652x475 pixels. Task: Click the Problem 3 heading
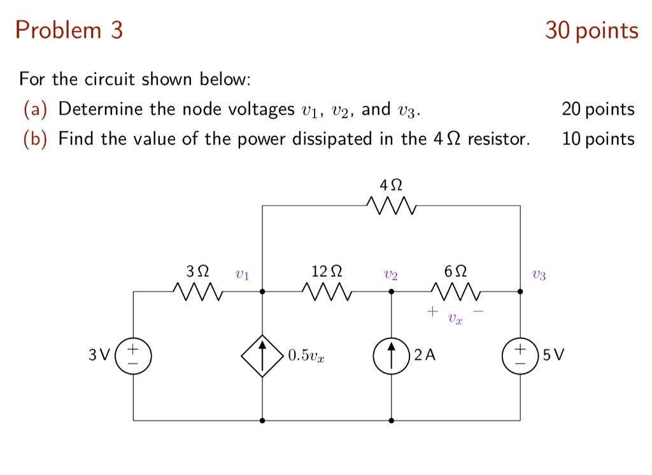click(x=69, y=31)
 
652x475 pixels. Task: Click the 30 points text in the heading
click(x=592, y=31)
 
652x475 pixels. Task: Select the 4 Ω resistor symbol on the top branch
click(x=391, y=206)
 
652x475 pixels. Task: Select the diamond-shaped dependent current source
click(x=262, y=355)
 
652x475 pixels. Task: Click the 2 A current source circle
click(x=391, y=355)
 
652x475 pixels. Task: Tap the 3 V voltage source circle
click(x=133, y=355)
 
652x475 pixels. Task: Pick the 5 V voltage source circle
click(x=521, y=355)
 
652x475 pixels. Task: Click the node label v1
click(x=242, y=275)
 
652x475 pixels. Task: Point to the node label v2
click(x=391, y=275)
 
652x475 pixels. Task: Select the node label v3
click(x=539, y=275)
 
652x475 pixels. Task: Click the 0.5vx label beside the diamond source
click(x=306, y=356)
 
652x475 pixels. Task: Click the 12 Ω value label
click(x=327, y=271)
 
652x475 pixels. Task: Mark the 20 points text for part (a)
click(x=598, y=110)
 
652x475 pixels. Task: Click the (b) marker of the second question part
click(x=35, y=139)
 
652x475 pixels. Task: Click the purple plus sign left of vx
click(x=432, y=311)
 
